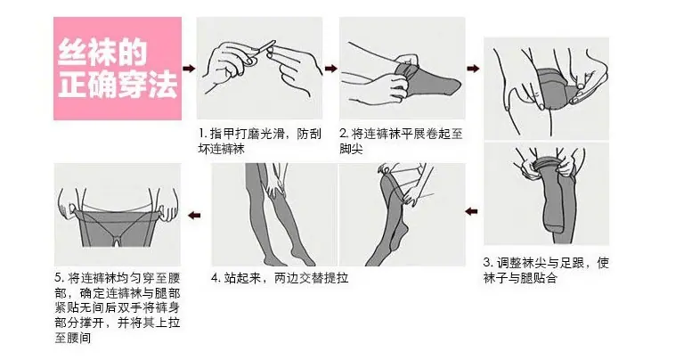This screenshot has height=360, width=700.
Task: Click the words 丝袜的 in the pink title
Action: pyautogui.click(x=102, y=53)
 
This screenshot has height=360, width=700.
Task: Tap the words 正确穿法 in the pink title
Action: pyautogui.click(x=118, y=85)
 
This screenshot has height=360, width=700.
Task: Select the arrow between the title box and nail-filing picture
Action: pyautogui.click(x=190, y=69)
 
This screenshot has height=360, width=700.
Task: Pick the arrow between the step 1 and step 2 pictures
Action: pyautogui.click(x=330, y=69)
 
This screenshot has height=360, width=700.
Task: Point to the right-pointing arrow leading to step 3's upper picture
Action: pyautogui.click(x=473, y=69)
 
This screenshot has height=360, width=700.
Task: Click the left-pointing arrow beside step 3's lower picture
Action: pyautogui.click(x=471, y=211)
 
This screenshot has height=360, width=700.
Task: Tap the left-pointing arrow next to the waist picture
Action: pyautogui.click(x=194, y=216)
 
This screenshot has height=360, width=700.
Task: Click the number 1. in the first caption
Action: pyautogui.click(x=203, y=134)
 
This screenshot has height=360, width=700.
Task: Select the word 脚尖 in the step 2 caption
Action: pyautogui.click(x=351, y=149)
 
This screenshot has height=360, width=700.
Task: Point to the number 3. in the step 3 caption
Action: pyautogui.click(x=489, y=263)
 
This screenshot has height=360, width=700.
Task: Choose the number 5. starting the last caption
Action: pyautogui.click(x=61, y=278)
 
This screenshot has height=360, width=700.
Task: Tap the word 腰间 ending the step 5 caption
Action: pyautogui.click(x=79, y=338)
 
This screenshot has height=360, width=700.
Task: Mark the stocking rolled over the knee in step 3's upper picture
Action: pyautogui.click(x=555, y=88)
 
